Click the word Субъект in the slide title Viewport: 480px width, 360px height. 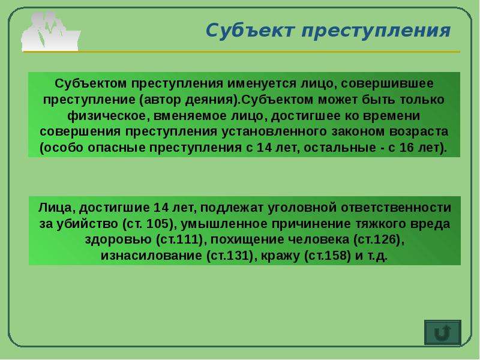coord(250,31)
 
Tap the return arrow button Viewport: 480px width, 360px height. coord(442,332)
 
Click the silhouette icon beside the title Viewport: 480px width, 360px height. coord(51,31)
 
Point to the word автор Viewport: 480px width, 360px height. coord(162,100)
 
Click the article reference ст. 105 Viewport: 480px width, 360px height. coord(148,224)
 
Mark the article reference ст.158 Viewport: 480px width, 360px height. coord(328,256)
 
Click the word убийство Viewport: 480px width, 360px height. coord(88,224)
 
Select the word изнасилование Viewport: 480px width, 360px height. coord(151,256)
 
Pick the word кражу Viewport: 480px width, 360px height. coord(280,256)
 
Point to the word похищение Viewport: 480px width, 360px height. coord(246,239)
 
